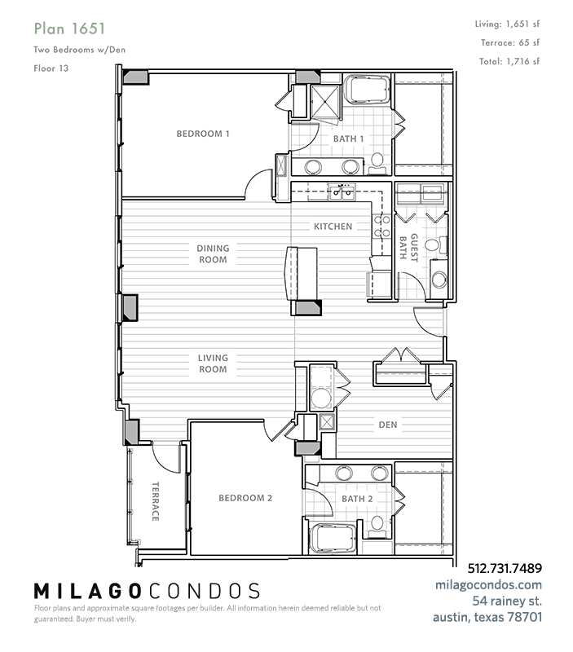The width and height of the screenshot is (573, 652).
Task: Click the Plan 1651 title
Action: click(x=69, y=29)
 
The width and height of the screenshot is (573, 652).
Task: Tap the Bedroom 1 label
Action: click(x=203, y=134)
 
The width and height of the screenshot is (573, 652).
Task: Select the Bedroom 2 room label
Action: click(x=245, y=498)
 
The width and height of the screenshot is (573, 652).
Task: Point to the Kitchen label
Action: click(x=333, y=227)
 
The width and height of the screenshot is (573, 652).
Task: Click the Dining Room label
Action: click(x=213, y=254)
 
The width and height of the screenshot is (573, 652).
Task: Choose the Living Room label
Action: click(x=213, y=363)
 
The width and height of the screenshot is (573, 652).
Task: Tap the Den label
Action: click(x=388, y=425)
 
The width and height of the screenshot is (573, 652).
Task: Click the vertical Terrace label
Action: click(x=155, y=501)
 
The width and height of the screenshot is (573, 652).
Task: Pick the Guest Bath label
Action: click(x=408, y=248)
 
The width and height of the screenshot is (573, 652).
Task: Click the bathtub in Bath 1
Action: click(x=368, y=89)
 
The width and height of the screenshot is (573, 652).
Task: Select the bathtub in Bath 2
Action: click(x=333, y=539)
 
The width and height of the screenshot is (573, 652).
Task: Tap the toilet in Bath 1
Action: click(x=377, y=164)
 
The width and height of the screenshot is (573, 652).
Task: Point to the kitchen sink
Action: click(x=342, y=192)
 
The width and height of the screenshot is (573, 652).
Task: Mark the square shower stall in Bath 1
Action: click(x=325, y=101)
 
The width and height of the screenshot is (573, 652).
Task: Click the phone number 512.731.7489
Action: click(x=505, y=568)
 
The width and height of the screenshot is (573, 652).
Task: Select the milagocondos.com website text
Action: click(x=488, y=584)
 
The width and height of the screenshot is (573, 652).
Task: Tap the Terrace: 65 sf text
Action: click(x=510, y=43)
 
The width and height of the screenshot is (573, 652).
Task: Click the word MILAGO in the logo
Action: click(x=87, y=591)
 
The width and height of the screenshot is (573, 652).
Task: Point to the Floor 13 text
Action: click(x=51, y=68)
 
